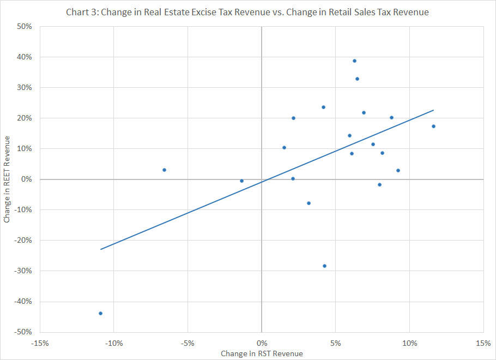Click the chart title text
pyautogui.click(x=247, y=12)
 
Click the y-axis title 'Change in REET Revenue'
pyautogui.click(x=7, y=179)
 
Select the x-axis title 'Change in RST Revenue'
pyautogui.click(x=262, y=353)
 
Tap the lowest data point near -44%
pyautogui.click(x=101, y=314)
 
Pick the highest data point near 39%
pyautogui.click(x=355, y=61)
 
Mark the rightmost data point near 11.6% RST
pyautogui.click(x=434, y=127)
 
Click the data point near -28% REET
pyautogui.click(x=324, y=266)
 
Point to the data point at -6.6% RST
pyautogui.click(x=164, y=170)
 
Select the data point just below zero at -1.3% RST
pyautogui.click(x=241, y=181)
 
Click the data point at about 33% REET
pyautogui.click(x=358, y=79)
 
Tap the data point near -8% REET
pyautogui.click(x=309, y=203)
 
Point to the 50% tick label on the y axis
pyautogui.click(x=25, y=27)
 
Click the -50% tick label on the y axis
pyautogui.click(x=23, y=332)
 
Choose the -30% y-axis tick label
pyautogui.click(x=23, y=271)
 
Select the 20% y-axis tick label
pyautogui.click(x=25, y=118)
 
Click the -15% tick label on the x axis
pyautogui.click(x=40, y=343)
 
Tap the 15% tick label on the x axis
pyautogui.click(x=483, y=343)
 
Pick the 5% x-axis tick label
pyautogui.click(x=336, y=343)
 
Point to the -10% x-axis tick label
pyautogui.click(x=114, y=343)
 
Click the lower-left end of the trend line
pyautogui.click(x=101, y=249)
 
